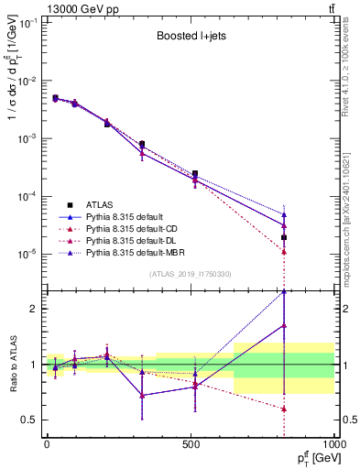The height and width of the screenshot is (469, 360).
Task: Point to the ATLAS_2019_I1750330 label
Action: [x=190, y=274]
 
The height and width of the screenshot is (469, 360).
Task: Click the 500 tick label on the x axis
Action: [x=191, y=444]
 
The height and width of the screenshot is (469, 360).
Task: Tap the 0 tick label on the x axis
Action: [x=47, y=444]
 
